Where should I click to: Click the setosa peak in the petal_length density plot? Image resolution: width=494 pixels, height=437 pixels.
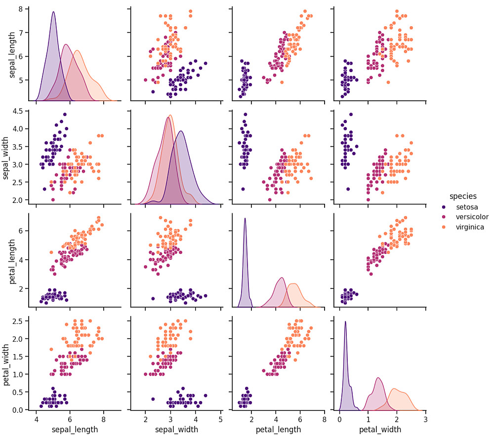coord(245,218)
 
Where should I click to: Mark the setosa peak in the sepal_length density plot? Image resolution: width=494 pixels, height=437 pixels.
coord(53,12)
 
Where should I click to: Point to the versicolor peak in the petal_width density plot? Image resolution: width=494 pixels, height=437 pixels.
coord(378,378)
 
